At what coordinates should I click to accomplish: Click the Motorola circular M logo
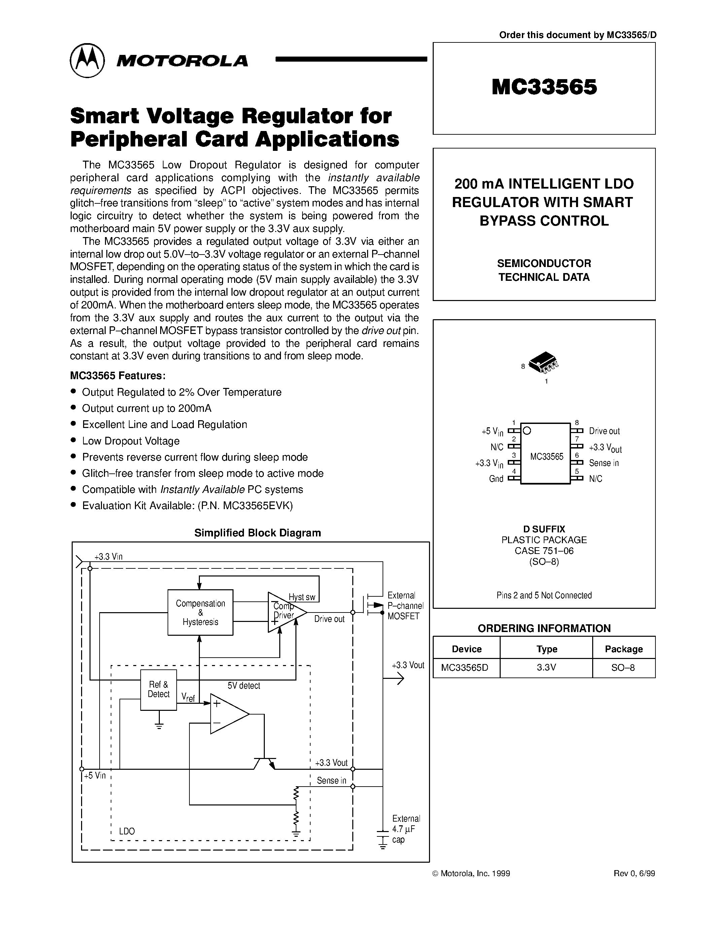coord(87,60)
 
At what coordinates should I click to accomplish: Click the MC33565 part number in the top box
coord(544,87)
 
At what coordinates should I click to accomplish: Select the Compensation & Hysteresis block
coord(200,612)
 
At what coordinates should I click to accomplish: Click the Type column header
coord(546,649)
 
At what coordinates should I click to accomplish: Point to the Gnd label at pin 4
coord(496,479)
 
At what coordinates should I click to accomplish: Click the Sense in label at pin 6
coord(604,463)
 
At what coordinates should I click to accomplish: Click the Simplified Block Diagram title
coord(257,533)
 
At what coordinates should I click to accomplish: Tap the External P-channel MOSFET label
coord(404,606)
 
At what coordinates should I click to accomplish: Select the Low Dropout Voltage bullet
coord(131,441)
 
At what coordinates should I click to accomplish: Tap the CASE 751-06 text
coord(544,551)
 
